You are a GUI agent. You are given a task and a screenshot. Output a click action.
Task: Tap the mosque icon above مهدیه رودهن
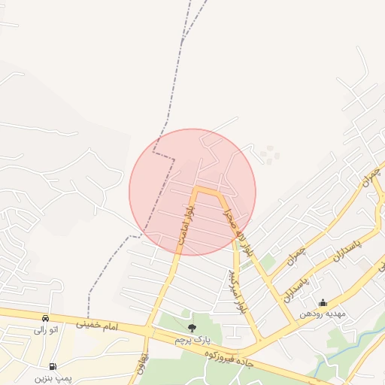(x=323, y=303)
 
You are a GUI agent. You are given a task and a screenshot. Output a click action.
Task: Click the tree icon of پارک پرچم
(x=192, y=327)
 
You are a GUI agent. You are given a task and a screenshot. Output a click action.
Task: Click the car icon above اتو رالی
(x=46, y=318)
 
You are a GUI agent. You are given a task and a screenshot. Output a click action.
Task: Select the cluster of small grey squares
(x=270, y=155)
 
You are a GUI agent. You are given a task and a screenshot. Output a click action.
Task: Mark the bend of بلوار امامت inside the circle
(x=197, y=189)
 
